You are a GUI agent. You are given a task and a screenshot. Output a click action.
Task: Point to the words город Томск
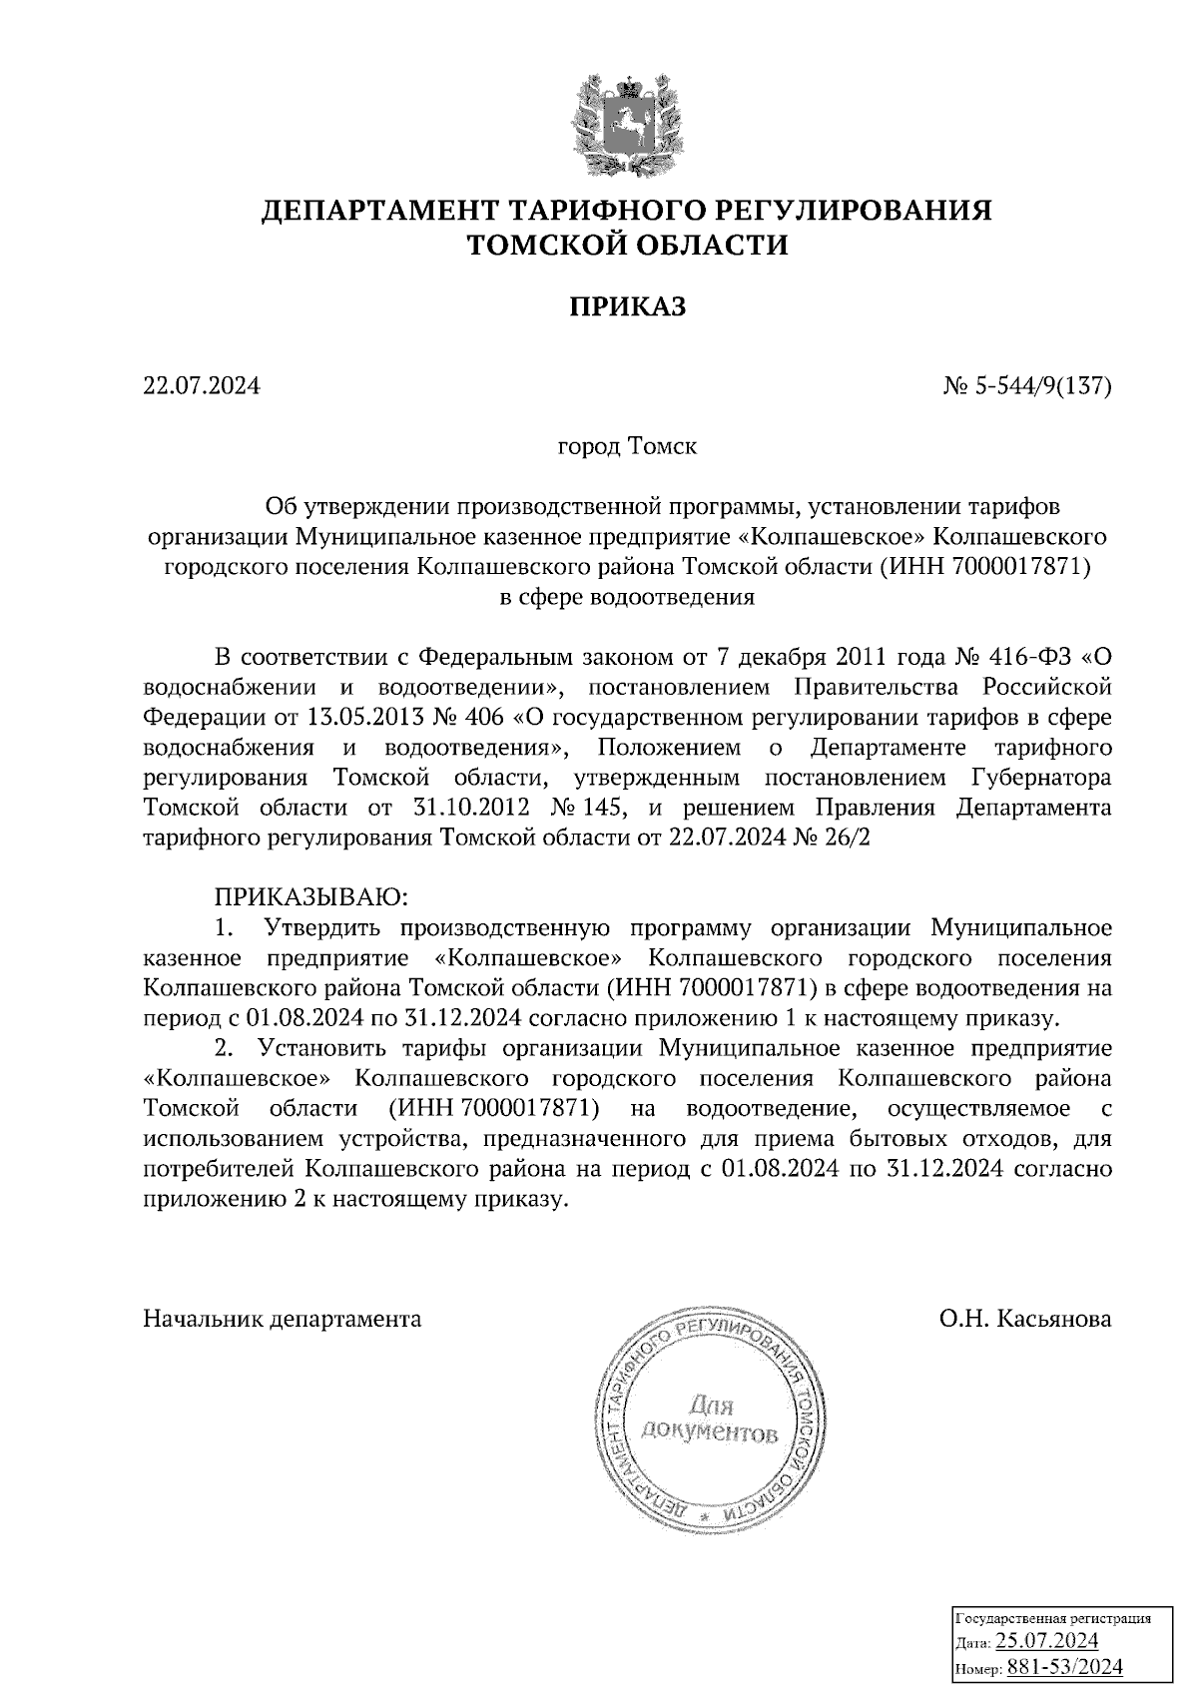(627, 445)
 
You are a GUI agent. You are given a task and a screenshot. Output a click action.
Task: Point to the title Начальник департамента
(283, 1319)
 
